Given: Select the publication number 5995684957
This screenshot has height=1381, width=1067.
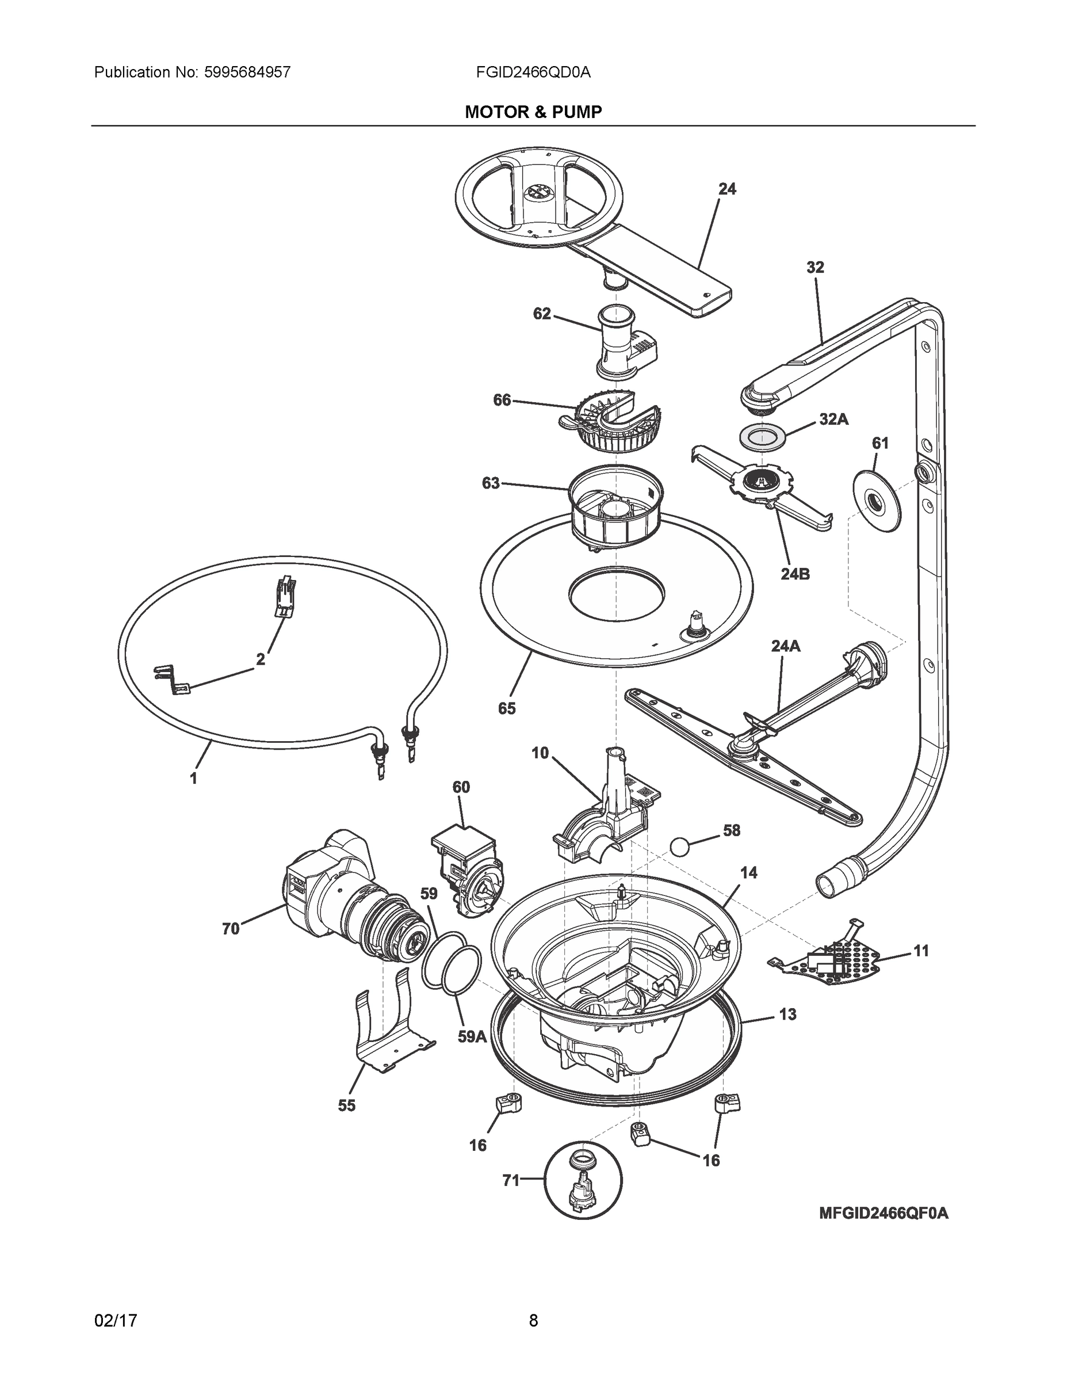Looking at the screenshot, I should click(247, 72).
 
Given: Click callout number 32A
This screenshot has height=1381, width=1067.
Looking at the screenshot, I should click(833, 419).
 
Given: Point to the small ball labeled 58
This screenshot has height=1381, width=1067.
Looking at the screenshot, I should click(679, 846).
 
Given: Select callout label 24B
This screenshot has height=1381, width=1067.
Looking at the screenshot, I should click(794, 574).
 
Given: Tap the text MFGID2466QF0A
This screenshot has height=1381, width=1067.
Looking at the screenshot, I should click(883, 1214).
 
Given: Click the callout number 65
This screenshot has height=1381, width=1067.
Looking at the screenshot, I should click(506, 708).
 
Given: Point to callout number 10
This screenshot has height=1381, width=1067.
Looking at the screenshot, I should click(541, 753).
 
